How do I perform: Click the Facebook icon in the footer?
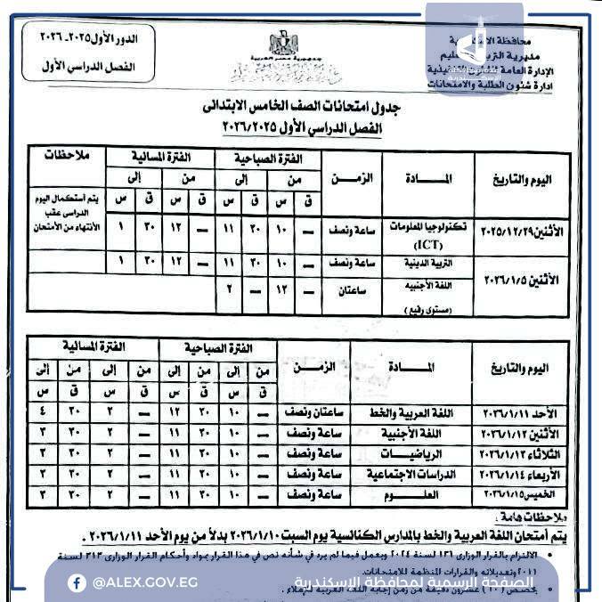78,582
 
